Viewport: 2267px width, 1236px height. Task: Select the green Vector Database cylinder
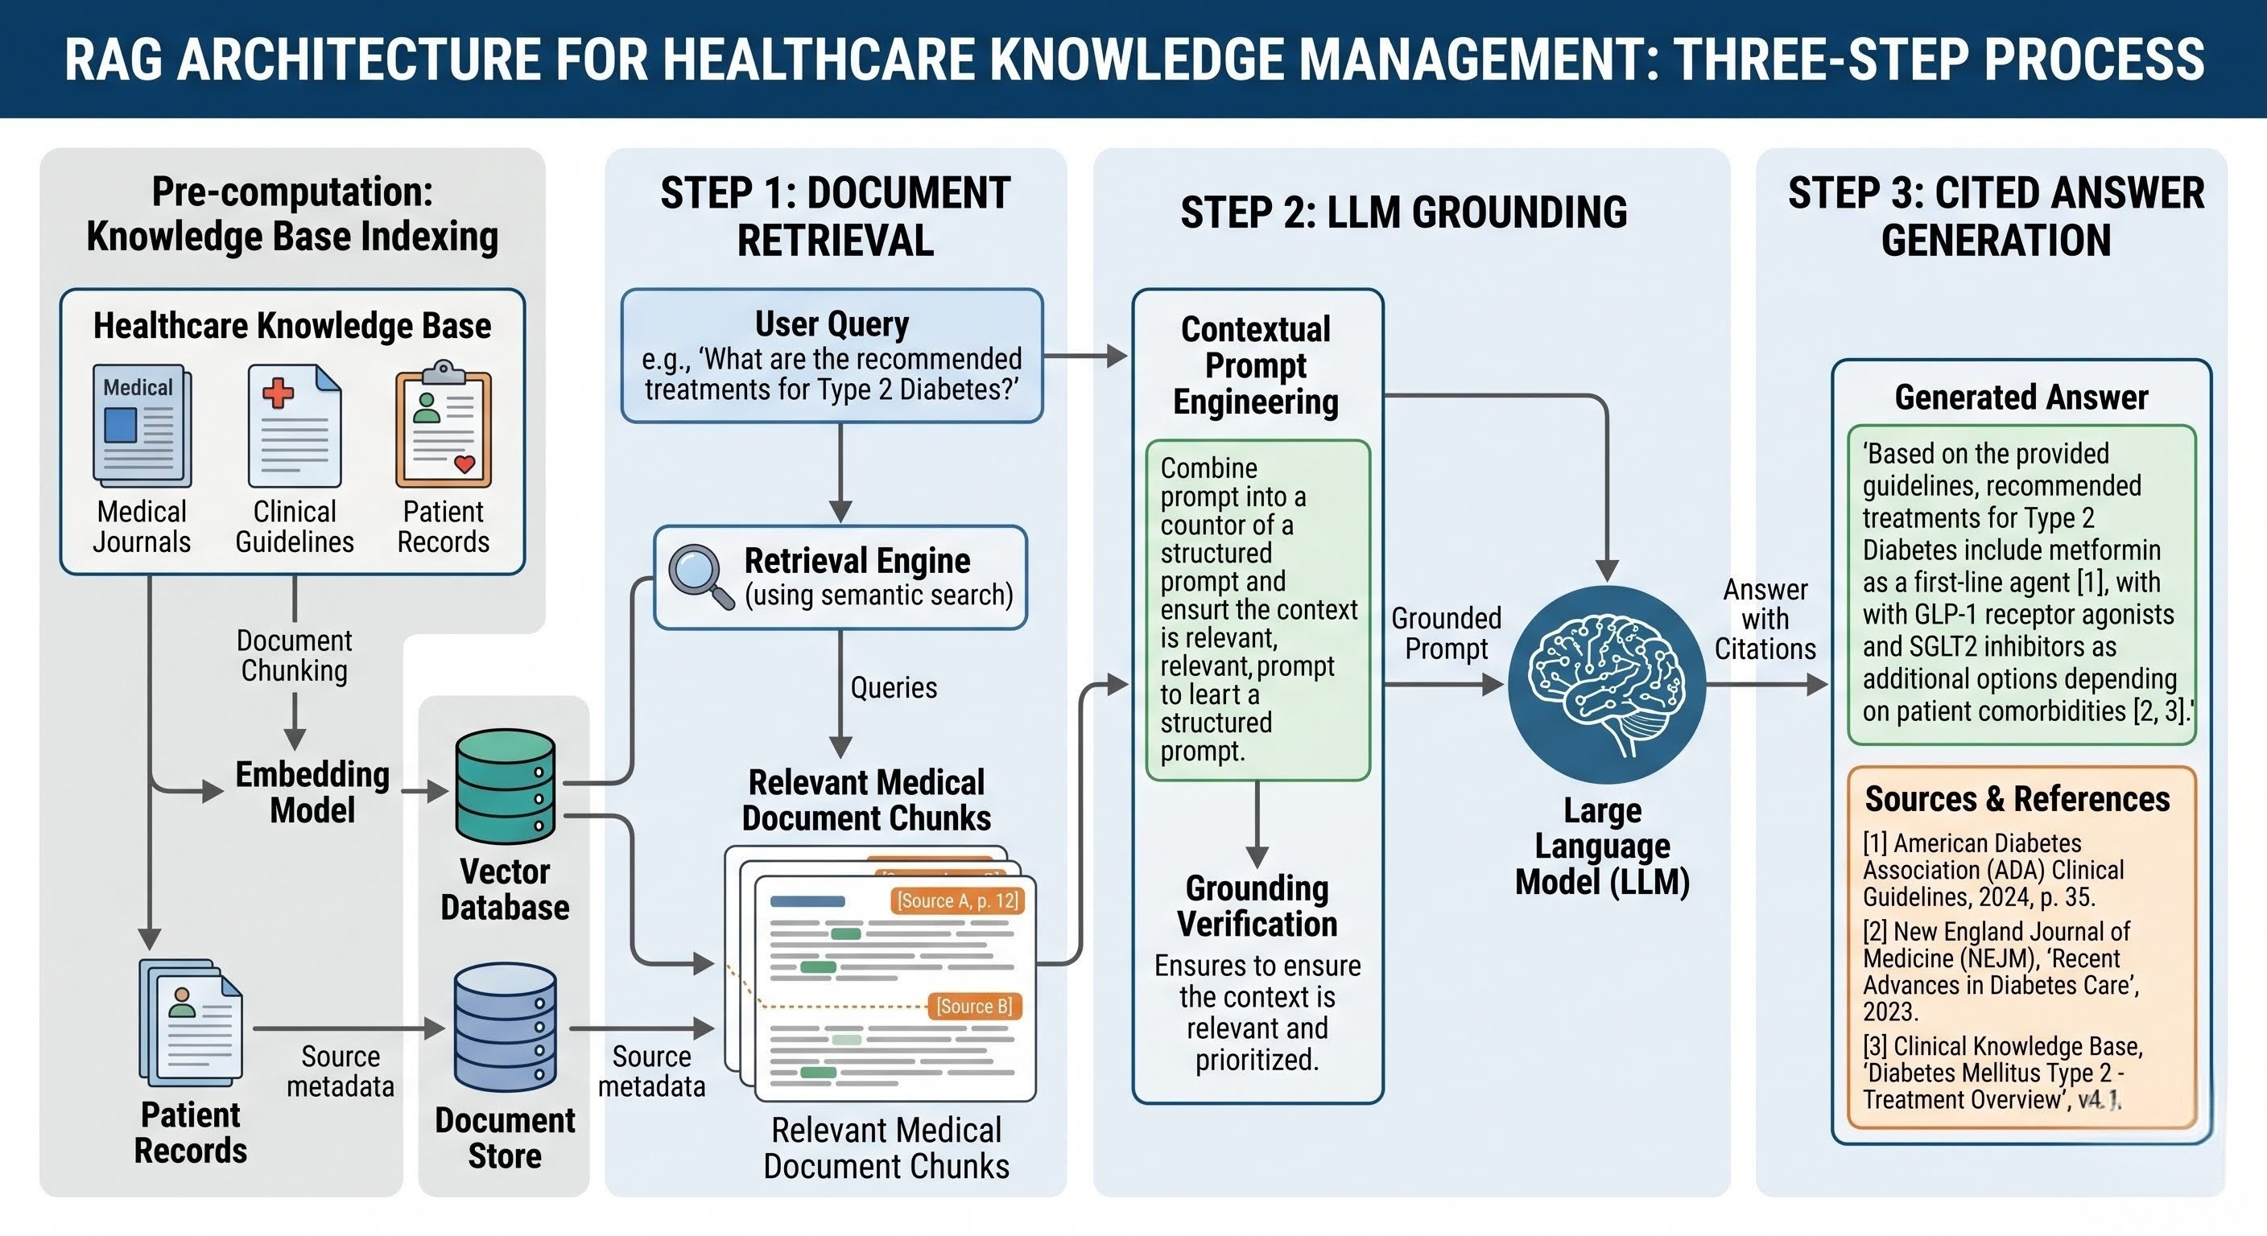[x=505, y=785]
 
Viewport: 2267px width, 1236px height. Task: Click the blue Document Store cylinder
[x=505, y=1027]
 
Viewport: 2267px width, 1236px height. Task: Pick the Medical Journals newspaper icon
[x=142, y=426]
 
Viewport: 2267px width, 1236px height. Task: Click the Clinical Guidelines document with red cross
[x=294, y=426]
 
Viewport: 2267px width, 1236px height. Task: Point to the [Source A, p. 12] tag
[x=956, y=900]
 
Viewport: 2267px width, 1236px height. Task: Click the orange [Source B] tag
[x=973, y=1006]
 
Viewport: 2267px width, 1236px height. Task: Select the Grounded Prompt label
[x=1446, y=633]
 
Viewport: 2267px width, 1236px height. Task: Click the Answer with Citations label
[x=1765, y=619]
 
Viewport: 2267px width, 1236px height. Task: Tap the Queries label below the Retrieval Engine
[x=894, y=687]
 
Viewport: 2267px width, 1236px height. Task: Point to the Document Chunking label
[x=294, y=655]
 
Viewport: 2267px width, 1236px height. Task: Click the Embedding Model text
[x=312, y=792]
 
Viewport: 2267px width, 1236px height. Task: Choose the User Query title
[x=832, y=323]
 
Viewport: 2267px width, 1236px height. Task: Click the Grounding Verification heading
[x=1257, y=906]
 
